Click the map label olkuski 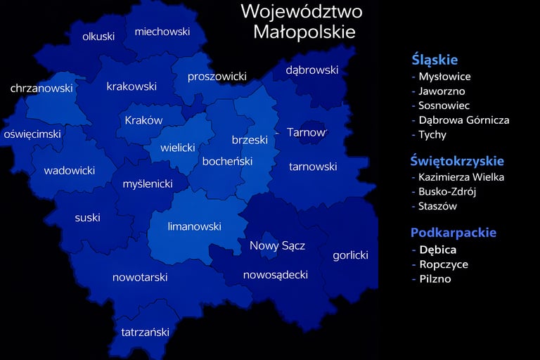(x=98, y=37)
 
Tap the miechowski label (x=162, y=32)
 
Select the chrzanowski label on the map (x=41, y=89)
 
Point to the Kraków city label (x=143, y=120)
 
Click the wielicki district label (x=177, y=148)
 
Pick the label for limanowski (x=194, y=226)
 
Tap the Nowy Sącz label (x=277, y=245)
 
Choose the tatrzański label (x=145, y=332)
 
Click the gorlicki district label (x=350, y=255)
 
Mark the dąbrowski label (x=311, y=70)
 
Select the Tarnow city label (x=306, y=132)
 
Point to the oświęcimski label (x=32, y=134)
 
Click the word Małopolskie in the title (x=304, y=32)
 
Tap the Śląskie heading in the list (x=435, y=60)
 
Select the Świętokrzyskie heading (x=458, y=162)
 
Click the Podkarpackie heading (x=454, y=233)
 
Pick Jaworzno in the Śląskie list (x=442, y=91)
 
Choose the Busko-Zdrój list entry (x=447, y=192)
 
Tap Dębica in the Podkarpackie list (x=437, y=250)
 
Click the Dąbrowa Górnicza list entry (x=463, y=120)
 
